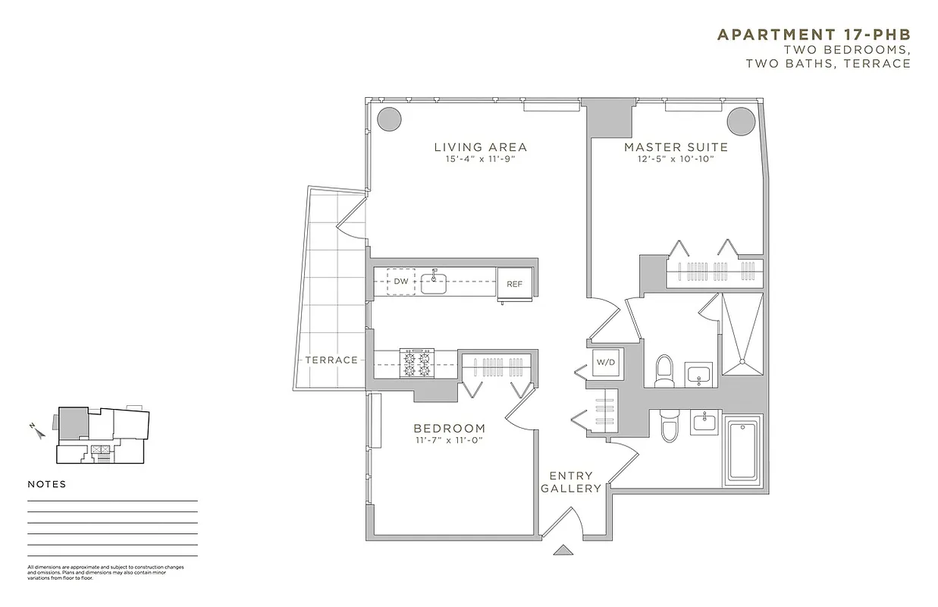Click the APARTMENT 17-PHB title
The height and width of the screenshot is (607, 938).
(814, 34)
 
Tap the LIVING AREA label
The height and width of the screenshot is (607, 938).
(480, 147)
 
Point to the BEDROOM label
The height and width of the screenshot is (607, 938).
(449, 428)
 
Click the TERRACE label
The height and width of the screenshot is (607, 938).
(331, 360)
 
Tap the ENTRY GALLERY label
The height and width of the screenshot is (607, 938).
(571, 482)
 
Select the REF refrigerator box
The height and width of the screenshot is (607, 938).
(515, 284)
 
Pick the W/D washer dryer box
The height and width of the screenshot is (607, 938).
(606, 362)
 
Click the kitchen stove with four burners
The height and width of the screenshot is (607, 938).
(417, 363)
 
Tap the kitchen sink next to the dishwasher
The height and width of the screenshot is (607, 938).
(434, 283)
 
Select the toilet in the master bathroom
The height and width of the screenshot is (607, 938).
(665, 370)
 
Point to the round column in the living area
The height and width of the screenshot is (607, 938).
(389, 119)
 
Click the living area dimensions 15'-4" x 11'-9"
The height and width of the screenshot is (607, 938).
(480, 160)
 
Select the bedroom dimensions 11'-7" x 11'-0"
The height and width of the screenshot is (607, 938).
(449, 440)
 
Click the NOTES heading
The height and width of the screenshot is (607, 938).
(47, 484)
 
